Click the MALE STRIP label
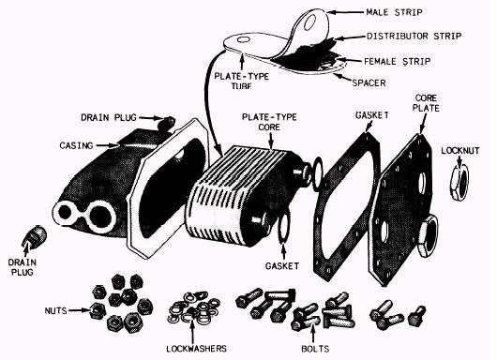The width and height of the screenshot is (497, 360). pos(394,12)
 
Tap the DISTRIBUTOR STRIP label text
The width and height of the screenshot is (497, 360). pos(414,36)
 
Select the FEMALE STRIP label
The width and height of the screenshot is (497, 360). pos(398,61)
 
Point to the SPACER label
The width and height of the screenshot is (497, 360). pos(369,82)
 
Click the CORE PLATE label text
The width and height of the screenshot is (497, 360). pos(426,103)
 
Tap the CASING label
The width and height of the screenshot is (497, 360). pos(76,145)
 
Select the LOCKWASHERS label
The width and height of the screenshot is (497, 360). pos(197,349)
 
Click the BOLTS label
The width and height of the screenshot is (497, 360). pos(315,349)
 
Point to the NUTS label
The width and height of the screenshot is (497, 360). pos(55,310)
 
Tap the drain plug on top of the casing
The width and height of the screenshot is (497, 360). pos(166,123)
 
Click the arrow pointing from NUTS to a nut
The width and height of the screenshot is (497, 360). pos(80,310)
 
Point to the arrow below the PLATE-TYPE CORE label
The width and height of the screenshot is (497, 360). pos(270,141)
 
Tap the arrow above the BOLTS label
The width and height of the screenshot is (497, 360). pos(313,333)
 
